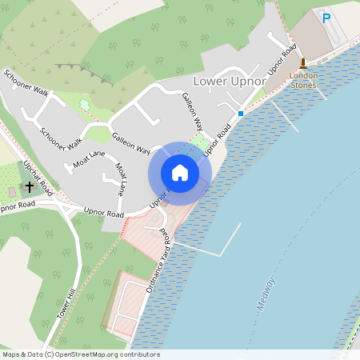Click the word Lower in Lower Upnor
point(210,82)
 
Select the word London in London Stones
point(303,76)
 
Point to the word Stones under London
point(303,84)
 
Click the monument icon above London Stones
point(303,63)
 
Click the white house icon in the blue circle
point(180,173)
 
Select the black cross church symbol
point(30,187)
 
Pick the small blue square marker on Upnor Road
point(240,114)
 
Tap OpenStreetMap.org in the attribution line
point(84,354)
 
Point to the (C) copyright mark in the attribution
point(49,354)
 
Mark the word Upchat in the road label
point(32,170)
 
